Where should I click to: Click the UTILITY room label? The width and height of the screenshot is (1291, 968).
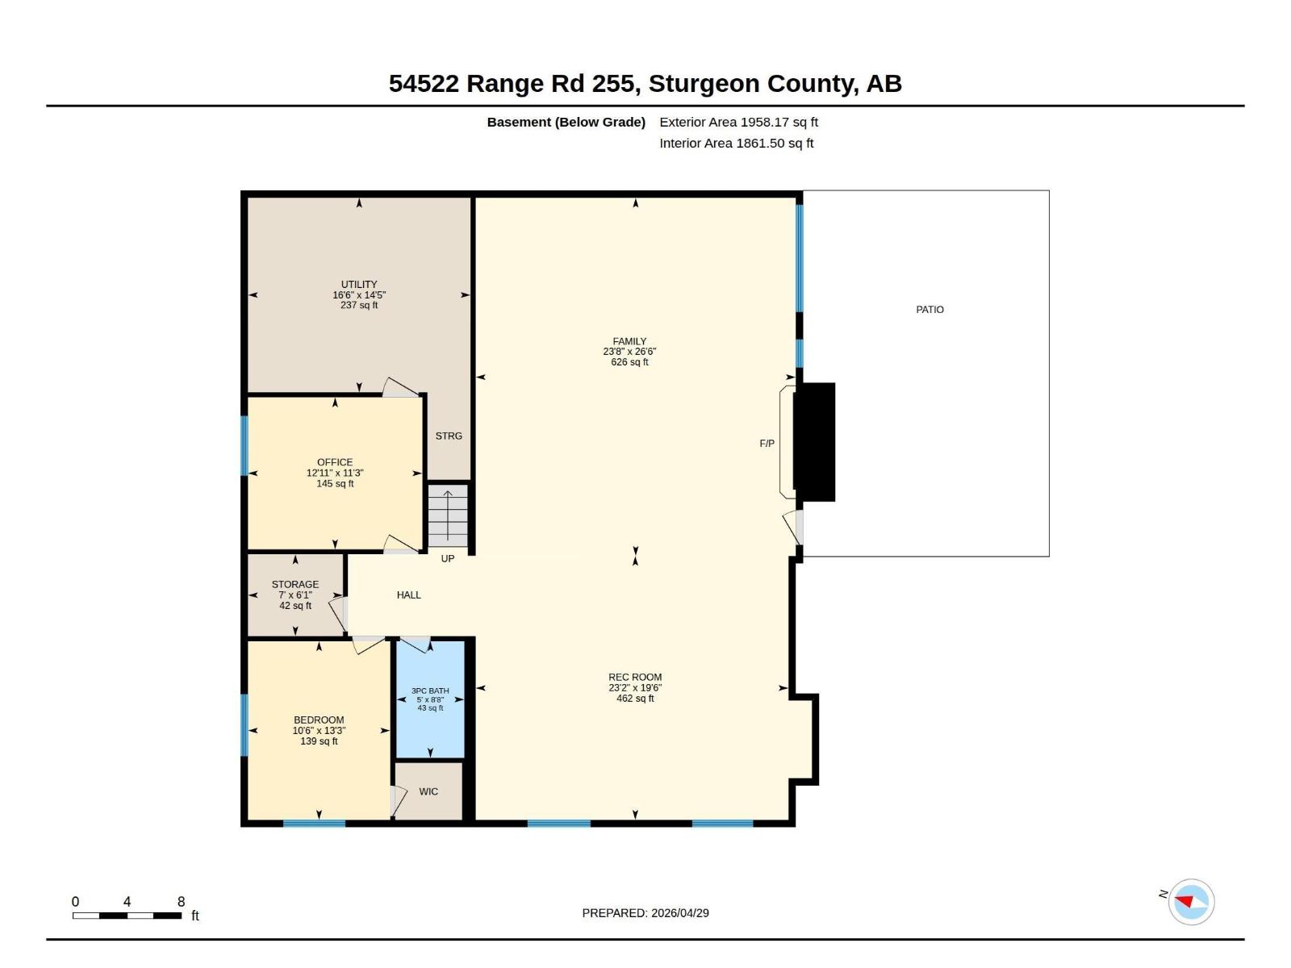coord(359,284)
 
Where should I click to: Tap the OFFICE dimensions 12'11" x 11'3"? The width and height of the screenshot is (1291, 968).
coord(335,473)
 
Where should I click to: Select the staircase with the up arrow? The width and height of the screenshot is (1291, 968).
coord(448,516)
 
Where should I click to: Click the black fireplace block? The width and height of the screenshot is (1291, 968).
coord(814,442)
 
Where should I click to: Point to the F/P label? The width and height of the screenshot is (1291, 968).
coord(767,444)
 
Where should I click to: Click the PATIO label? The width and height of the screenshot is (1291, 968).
coord(930,309)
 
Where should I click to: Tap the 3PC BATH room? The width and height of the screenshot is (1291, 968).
coord(430,699)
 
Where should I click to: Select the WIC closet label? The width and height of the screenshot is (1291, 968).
coord(428,791)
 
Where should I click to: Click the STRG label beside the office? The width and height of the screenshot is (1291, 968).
coord(449,436)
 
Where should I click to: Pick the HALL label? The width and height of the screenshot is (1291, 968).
coord(408,595)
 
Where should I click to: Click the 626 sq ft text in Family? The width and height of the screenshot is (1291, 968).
coord(629,362)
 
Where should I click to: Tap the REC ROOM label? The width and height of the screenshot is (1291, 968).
coord(635,677)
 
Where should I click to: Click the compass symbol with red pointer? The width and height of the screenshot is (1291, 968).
coord(1191,902)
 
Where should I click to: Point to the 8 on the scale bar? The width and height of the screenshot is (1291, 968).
coord(181,901)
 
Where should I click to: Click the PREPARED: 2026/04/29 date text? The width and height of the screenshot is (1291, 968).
coord(645,913)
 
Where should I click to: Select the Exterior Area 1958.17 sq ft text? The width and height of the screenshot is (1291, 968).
coord(738,122)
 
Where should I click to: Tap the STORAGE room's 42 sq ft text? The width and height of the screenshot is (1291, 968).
coord(295,606)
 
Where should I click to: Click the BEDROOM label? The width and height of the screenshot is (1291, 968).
coord(319,720)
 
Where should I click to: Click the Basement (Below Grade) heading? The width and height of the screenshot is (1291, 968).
coord(566,122)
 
